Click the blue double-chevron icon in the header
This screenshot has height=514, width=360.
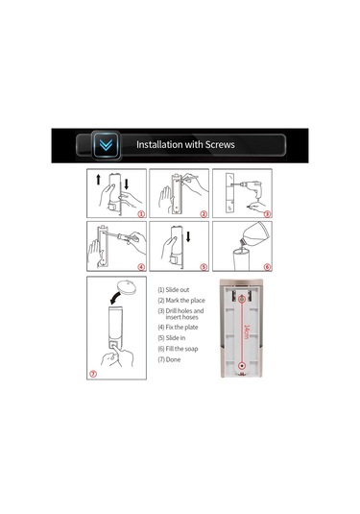106,144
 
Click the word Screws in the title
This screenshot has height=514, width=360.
220,144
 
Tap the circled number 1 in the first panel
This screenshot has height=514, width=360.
141,214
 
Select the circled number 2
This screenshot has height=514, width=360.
204,214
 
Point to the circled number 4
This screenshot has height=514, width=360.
141,267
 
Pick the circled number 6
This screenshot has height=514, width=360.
267,267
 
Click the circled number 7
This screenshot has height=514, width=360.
93,374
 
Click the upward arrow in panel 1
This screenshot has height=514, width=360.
98,180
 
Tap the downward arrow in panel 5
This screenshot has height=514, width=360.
188,236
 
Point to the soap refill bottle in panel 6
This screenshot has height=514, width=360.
255,236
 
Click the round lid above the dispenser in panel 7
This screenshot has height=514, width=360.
127,287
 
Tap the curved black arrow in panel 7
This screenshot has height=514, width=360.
115,298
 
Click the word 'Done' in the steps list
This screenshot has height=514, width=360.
173,359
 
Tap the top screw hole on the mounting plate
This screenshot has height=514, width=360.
242,299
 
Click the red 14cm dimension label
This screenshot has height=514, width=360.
247,331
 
